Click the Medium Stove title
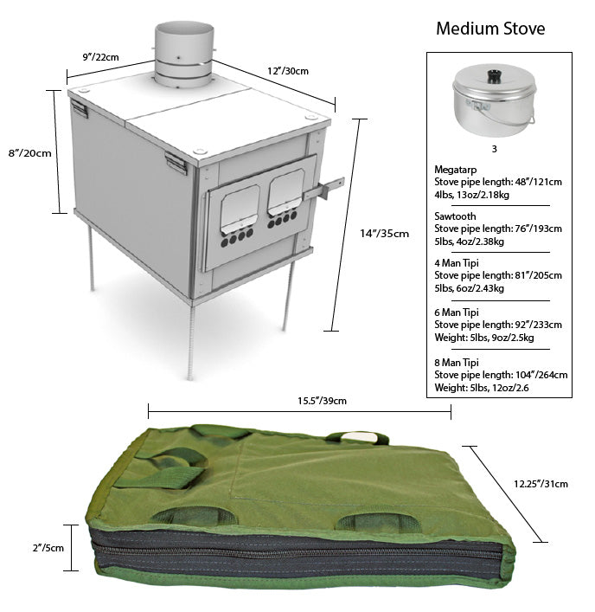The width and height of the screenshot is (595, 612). pos(490,29)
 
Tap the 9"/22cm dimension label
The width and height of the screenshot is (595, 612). pos(100,57)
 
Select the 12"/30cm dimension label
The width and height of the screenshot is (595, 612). pos(288,71)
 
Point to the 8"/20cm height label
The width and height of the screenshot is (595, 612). pos(30,153)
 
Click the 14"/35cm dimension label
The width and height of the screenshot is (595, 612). pos(384,234)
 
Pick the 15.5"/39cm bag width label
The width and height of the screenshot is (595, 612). pos(322,401)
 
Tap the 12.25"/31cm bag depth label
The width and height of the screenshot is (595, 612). pos(541,484)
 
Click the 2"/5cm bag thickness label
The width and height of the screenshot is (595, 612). pos(48,548)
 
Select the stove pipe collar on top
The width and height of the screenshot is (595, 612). pos(184,55)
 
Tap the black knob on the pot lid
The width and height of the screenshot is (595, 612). pos(494,75)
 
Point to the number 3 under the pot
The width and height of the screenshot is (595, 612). pos(495,149)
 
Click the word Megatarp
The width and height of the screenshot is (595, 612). pos(456,170)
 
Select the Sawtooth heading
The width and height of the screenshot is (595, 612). pos(455,216)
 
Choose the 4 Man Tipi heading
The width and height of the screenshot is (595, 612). pos(456,263)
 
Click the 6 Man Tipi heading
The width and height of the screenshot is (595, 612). pos(456,312)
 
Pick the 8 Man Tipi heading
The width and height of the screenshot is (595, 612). pos(456,363)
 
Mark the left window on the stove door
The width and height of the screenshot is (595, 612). pos(240,209)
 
